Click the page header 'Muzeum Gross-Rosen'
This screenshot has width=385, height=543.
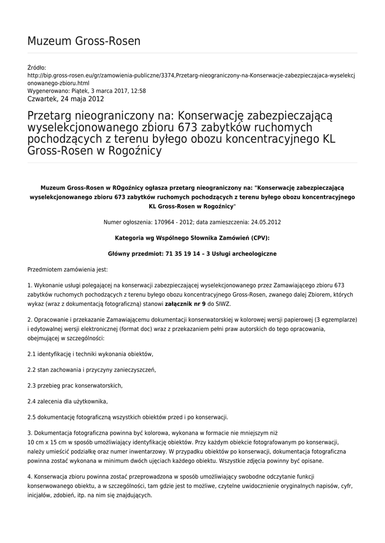[x=83, y=41]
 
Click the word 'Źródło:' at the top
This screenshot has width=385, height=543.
[x=37, y=68]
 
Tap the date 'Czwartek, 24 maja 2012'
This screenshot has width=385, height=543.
[x=65, y=99]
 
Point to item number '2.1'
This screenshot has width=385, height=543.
[x=31, y=354]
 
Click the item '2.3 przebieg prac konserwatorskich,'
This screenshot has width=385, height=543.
[x=75, y=385]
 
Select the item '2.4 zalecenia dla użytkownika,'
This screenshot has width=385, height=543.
[x=67, y=401]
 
